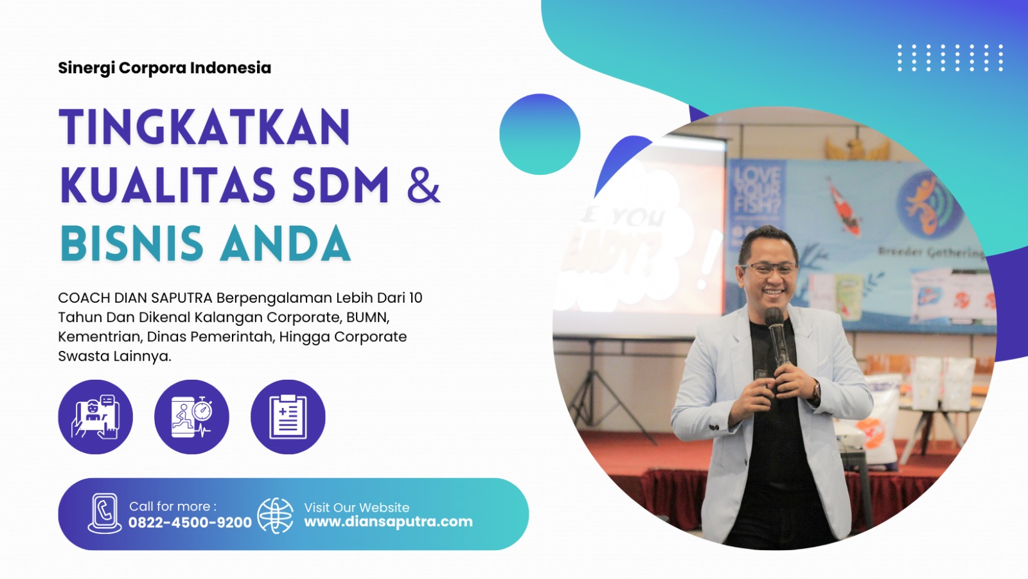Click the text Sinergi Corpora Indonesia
pos(164,68)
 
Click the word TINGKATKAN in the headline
pos(205,127)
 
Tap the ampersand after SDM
pos(423,186)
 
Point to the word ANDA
pos(286,244)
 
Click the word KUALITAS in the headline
pos(168,186)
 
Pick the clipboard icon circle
pos(288,417)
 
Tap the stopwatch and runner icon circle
pos(191,417)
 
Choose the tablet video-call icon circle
pos(96,417)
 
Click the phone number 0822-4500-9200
pos(190,522)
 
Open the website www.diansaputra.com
pos(388,522)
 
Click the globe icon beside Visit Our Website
pos(276,515)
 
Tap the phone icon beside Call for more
pos(105,513)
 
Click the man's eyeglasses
pos(769,269)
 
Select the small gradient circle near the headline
pos(540,134)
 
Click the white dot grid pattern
pos(950,58)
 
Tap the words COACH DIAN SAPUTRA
pos(135,298)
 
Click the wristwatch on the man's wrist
pos(817,390)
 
